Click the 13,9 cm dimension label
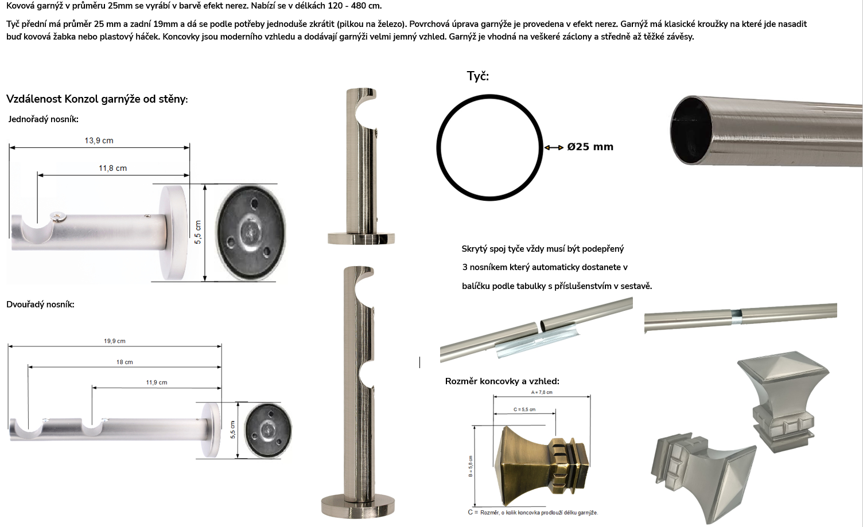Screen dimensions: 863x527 (99, 140)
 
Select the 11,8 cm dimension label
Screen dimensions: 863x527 (112, 168)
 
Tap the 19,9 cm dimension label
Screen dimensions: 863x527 (114, 341)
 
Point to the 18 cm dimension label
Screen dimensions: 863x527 (125, 362)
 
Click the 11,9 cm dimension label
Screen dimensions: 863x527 (157, 382)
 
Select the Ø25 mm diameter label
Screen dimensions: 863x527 (590, 147)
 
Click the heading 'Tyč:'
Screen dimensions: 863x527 (478, 76)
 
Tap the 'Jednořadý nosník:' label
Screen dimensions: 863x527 (43, 119)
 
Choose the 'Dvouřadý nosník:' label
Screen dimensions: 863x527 (40, 305)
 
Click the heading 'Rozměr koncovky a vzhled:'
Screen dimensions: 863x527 (502, 381)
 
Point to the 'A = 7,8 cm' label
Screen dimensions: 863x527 (542, 392)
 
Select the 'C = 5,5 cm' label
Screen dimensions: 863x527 (524, 409)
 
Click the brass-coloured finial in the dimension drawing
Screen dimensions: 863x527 (541, 466)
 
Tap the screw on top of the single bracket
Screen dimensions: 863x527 (58, 217)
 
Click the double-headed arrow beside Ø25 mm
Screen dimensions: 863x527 (554, 147)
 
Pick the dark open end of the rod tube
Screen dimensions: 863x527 (691, 130)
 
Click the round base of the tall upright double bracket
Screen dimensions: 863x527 (358, 505)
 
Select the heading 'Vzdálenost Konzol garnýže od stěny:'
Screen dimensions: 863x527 (97, 99)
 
